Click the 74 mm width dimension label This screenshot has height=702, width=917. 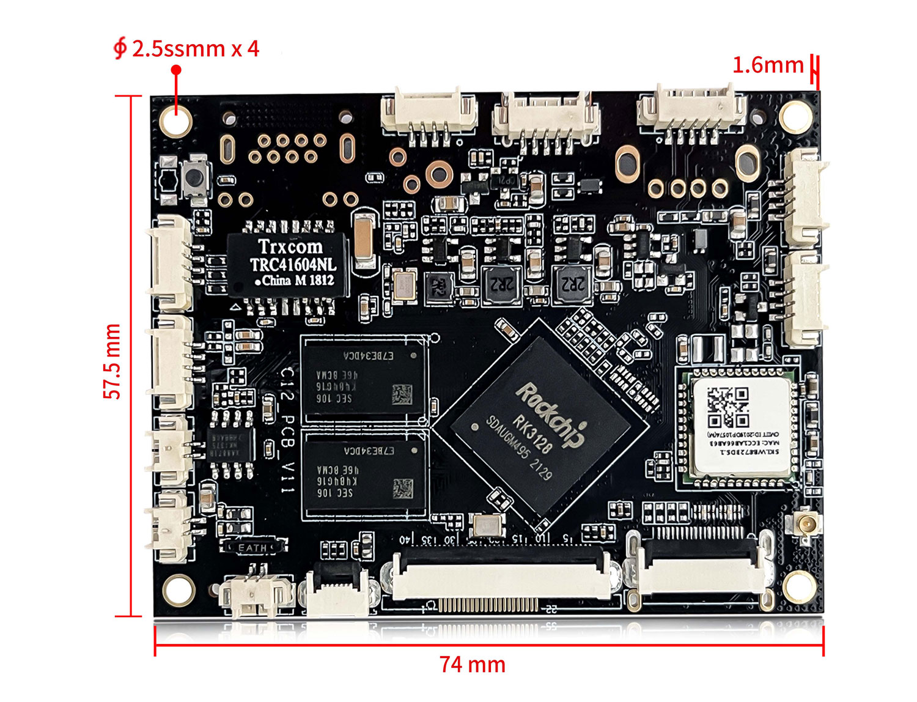click(472, 664)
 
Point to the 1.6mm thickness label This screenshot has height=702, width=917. click(768, 65)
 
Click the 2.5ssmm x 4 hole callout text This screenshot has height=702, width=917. click(194, 48)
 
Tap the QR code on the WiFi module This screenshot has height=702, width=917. click(727, 407)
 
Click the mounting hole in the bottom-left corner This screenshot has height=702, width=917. click(178, 591)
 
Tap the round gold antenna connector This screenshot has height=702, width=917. click(805, 525)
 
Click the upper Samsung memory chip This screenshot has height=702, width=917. click(364, 379)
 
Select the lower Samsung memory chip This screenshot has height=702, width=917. click(364, 474)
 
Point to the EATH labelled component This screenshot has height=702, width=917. click(252, 547)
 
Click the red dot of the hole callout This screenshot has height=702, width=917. click(176, 70)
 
